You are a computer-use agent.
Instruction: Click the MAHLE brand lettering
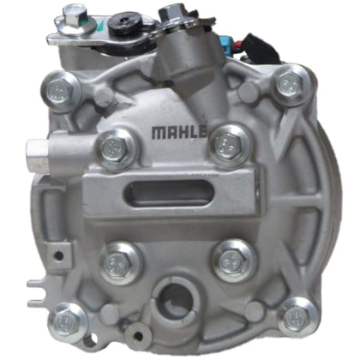[x=179, y=133]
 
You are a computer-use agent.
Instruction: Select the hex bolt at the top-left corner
[x=60, y=91]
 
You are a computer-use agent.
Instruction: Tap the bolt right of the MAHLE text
[x=231, y=146]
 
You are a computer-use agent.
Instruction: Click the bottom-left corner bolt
[x=68, y=322]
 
